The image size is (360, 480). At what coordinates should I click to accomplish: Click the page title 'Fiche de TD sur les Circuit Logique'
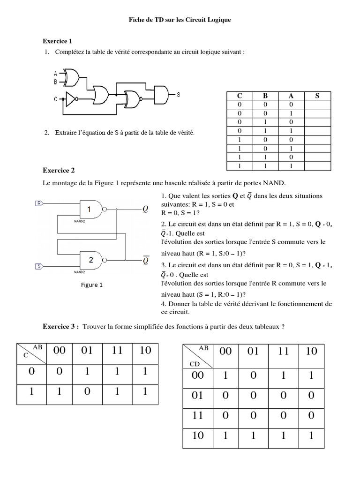180,21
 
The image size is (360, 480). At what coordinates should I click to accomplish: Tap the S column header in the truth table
317,96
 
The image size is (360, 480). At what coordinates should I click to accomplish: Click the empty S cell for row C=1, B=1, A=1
317,166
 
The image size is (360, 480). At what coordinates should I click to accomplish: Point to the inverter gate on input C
71,99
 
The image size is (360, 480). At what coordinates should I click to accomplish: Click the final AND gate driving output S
160,94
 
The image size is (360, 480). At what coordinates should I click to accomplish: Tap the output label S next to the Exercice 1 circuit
179,94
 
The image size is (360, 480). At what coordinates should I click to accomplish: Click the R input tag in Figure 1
39,203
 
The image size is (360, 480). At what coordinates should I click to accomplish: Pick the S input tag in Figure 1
39,267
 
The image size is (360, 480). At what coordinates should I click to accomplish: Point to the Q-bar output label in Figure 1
146,259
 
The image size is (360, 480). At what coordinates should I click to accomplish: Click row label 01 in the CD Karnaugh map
198,396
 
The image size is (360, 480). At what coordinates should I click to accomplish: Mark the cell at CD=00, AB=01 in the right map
253,375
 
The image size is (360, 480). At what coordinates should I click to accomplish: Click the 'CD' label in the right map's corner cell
194,363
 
